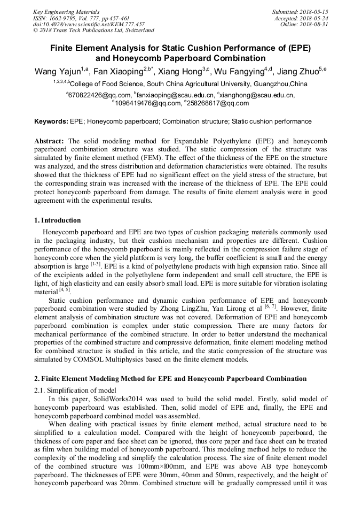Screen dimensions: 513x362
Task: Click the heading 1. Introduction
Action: (x=58, y=220)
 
